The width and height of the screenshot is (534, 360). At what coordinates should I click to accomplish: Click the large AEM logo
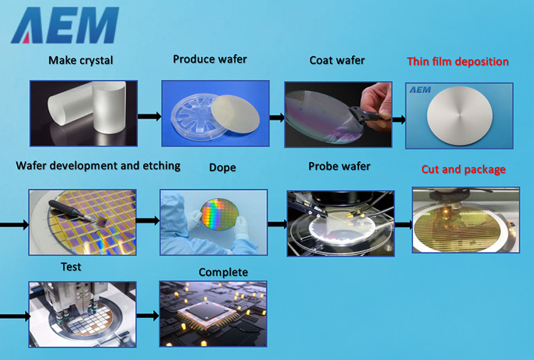[65, 25]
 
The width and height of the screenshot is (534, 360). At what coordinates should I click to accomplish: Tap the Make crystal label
[80, 60]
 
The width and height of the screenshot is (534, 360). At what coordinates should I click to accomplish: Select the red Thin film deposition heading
[458, 62]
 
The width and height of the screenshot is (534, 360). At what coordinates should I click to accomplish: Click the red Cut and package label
[464, 169]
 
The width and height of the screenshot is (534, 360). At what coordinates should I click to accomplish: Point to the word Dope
[222, 167]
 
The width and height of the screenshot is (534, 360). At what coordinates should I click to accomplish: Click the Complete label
[223, 272]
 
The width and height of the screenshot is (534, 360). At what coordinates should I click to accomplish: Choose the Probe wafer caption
[339, 166]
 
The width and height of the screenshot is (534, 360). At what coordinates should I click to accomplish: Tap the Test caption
[70, 266]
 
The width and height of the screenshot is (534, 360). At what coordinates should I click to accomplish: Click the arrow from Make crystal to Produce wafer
[150, 117]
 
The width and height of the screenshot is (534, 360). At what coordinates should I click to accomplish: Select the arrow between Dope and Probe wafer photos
[278, 224]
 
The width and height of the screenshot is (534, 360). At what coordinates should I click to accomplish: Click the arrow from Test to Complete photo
[148, 316]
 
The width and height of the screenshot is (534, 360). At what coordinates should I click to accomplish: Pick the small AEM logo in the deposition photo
[420, 90]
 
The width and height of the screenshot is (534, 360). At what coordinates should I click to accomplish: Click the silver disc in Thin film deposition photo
[460, 114]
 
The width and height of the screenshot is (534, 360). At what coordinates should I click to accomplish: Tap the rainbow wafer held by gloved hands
[220, 214]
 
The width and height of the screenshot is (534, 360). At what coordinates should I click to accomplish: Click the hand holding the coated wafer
[377, 105]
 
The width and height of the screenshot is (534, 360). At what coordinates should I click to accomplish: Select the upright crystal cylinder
[109, 107]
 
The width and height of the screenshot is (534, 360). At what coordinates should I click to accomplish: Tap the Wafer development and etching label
[98, 166]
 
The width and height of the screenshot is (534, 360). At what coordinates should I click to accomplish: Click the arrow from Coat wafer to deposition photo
[399, 120]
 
